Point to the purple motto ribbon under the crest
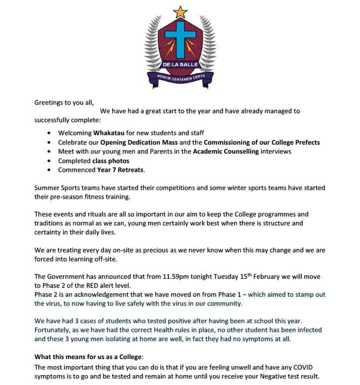coord(180,77)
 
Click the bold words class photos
coord(111,161)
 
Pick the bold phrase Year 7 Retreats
coord(120,170)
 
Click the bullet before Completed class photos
coord(48,161)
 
